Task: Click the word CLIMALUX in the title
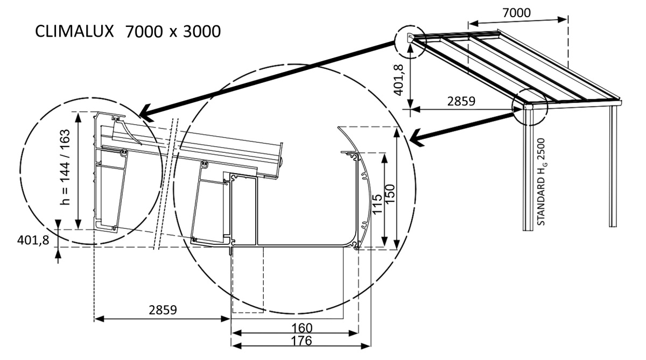pyautogui.click(x=75, y=31)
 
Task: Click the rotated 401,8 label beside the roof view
pyautogui.click(x=399, y=80)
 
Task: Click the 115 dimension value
pyautogui.click(x=377, y=199)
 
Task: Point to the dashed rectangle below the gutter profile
pyautogui.click(x=248, y=280)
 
